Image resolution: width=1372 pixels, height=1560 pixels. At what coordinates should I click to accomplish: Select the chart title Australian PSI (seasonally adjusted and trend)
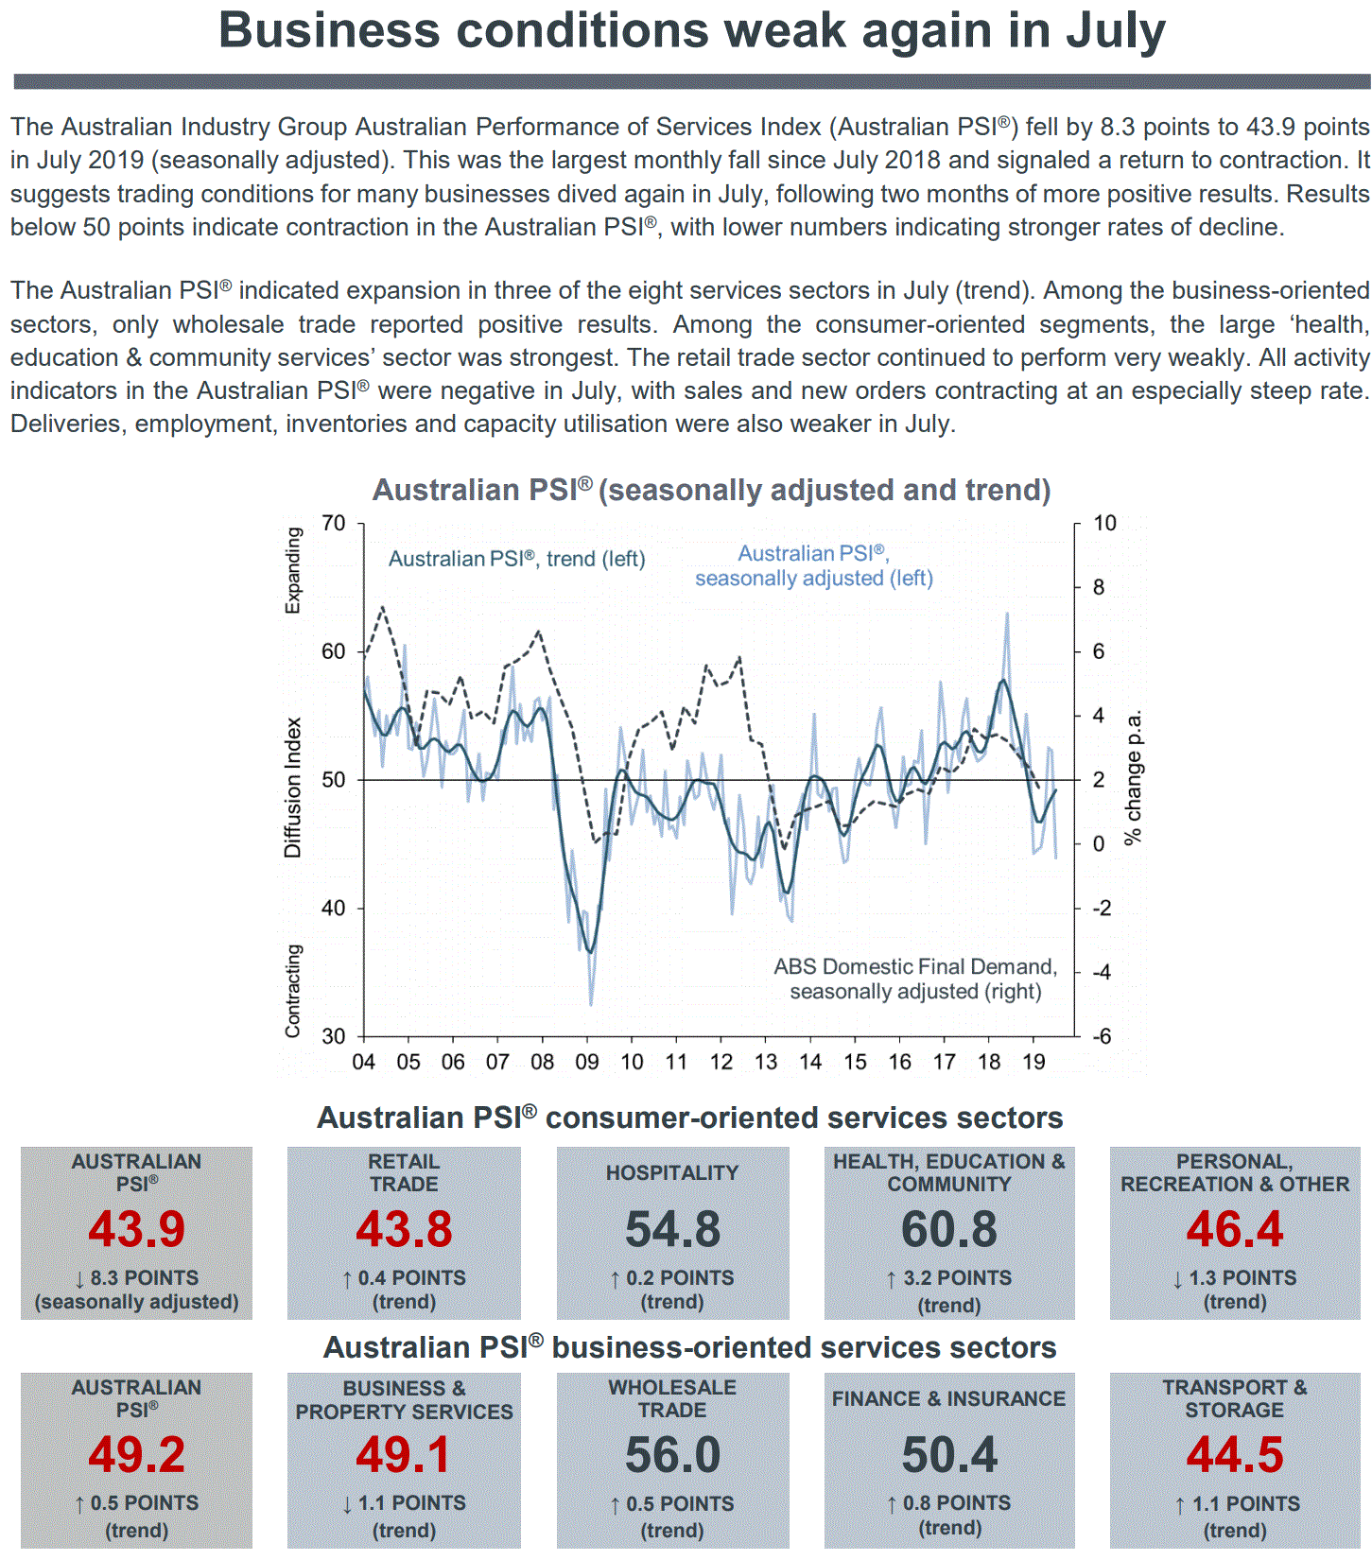tap(711, 490)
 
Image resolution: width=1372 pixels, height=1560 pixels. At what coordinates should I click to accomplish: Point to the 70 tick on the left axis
tap(334, 524)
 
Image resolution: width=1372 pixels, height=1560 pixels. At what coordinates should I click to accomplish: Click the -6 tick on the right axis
tap(1103, 1036)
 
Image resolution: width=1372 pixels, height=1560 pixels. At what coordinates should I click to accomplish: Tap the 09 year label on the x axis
tap(586, 1062)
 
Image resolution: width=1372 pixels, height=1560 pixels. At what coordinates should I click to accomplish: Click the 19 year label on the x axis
tap(1033, 1062)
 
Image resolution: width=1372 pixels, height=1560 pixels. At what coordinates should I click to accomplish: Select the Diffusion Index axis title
tap(293, 787)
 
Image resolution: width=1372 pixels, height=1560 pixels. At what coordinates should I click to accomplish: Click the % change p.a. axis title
tap(1133, 777)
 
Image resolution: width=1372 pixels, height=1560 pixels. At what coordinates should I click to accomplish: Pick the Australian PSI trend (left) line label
tap(516, 559)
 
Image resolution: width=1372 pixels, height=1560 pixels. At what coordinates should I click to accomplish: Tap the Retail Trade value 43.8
tap(404, 1229)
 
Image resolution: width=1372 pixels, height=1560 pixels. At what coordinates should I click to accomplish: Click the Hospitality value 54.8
tap(672, 1229)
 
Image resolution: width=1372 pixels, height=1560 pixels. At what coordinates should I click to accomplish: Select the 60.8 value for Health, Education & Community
tap(949, 1229)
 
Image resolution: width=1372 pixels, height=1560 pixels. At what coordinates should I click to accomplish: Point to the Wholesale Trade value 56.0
tap(672, 1455)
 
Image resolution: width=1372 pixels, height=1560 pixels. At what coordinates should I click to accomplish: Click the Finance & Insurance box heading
tap(948, 1398)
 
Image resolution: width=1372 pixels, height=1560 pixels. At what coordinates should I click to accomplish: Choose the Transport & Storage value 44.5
tap(1235, 1455)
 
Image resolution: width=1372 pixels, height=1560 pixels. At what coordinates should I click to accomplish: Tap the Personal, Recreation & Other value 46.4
tap(1235, 1229)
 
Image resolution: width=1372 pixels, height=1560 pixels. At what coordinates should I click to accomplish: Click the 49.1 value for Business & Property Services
tap(404, 1455)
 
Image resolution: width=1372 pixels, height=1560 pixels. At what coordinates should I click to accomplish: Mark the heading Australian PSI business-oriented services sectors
tap(689, 1347)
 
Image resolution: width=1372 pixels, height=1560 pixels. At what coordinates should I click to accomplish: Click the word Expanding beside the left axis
tap(293, 570)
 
